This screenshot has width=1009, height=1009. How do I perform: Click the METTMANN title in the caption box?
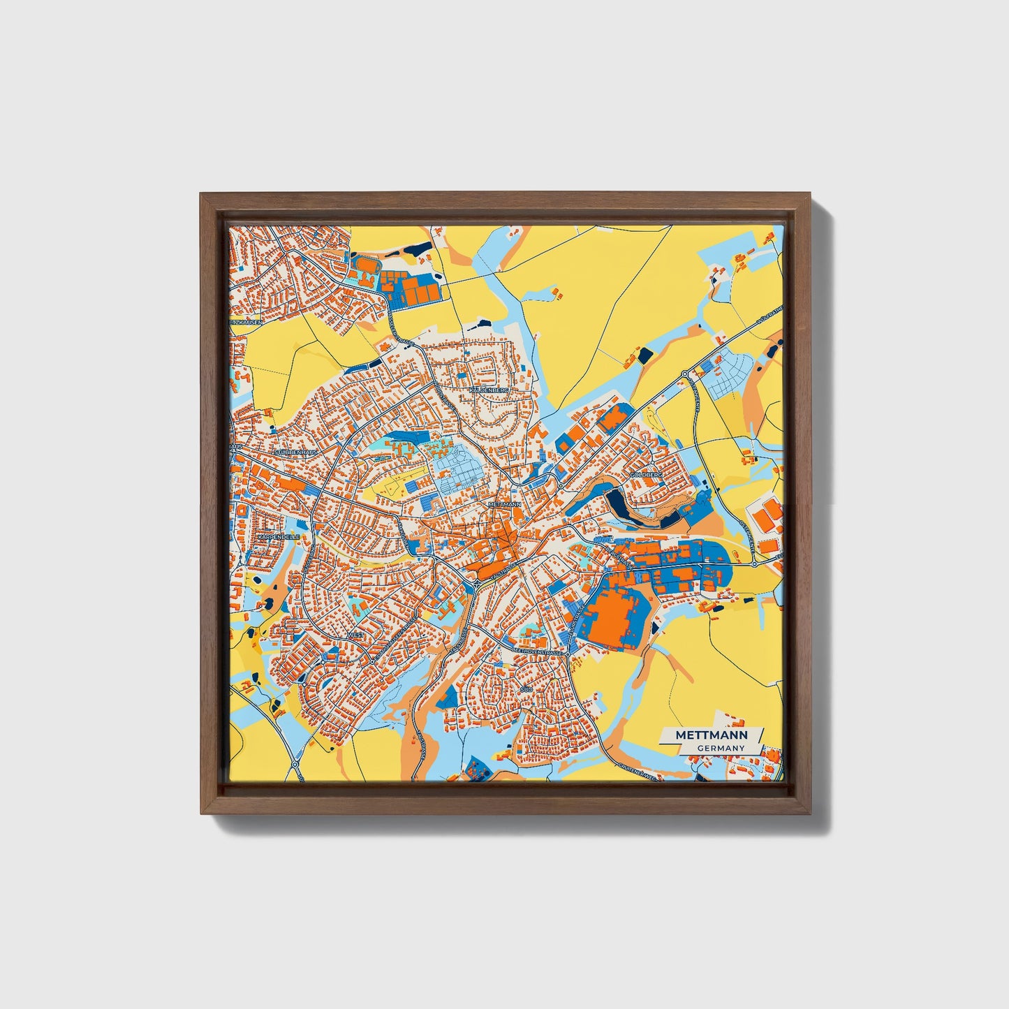[710, 735]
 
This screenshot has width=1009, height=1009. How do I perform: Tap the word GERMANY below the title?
[720, 748]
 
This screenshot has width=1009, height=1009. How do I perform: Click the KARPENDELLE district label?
[278, 536]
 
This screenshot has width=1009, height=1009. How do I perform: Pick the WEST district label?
[356, 635]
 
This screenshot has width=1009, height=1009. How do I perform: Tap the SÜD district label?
[526, 688]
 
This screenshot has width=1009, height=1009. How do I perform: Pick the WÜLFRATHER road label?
[772, 318]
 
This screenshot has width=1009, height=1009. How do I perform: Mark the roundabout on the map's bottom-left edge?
[295, 765]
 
